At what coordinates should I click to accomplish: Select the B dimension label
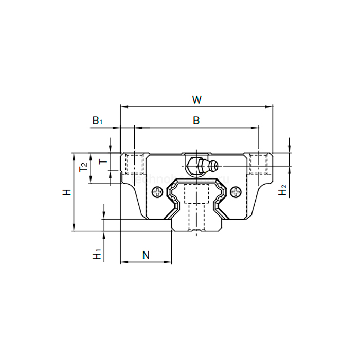(x=196, y=120)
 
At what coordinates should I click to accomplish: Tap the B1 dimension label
(x=98, y=121)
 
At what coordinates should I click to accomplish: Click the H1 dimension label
(x=96, y=254)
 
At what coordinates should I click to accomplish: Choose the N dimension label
(x=146, y=254)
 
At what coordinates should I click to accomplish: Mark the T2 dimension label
(x=83, y=167)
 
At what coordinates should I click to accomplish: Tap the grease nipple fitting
(x=202, y=166)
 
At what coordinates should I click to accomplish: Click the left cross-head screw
(x=157, y=192)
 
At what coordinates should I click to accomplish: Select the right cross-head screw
(x=236, y=192)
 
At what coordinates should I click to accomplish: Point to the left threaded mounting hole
(x=134, y=164)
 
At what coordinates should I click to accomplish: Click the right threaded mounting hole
(x=258, y=164)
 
